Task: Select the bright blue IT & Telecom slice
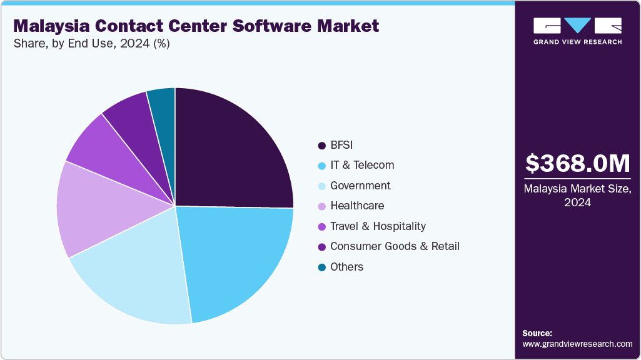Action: coord(238,259)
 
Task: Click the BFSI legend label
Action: coord(341,145)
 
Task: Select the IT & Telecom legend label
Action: coord(362,165)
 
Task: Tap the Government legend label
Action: coord(360,186)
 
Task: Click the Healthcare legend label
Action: coord(357,206)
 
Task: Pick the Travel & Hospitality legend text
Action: coord(378,226)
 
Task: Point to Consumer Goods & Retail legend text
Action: coord(395,246)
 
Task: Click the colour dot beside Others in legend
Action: coord(321,267)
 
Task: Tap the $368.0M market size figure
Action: coord(577,164)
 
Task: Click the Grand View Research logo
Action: coord(577,31)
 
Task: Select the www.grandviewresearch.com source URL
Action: coord(577,344)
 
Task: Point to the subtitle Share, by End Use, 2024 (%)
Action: coord(91,44)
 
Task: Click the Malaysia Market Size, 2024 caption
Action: coord(577,195)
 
